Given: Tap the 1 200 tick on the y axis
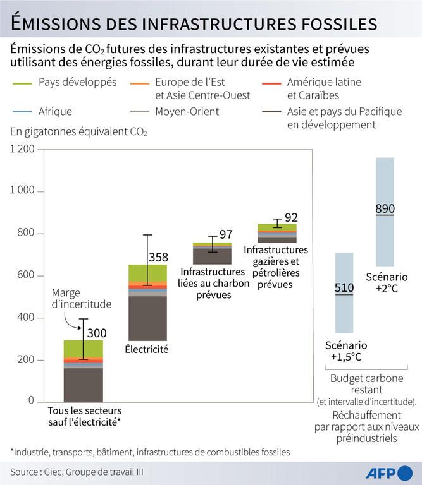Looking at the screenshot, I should [23, 149].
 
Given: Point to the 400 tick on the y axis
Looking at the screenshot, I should [26, 318].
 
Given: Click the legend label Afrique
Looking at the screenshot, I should [56, 111].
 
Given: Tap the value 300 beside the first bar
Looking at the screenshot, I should [97, 333].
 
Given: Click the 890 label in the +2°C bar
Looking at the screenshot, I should [385, 209].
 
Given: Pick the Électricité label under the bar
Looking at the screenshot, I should [146, 349].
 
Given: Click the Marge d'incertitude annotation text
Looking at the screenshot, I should [82, 298].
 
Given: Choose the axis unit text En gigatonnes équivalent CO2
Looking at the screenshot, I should [78, 132].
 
